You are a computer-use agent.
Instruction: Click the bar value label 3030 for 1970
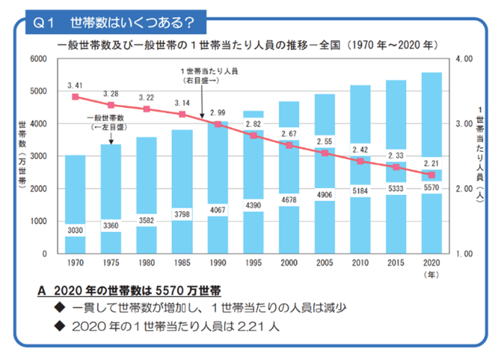[x=75, y=230]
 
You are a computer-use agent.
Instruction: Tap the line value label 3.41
[x=75, y=86]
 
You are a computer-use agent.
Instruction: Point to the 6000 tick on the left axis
[x=37, y=58]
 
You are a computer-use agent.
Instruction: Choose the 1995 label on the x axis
[x=253, y=264]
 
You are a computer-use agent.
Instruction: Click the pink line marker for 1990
[x=217, y=124]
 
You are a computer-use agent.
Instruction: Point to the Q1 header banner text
[x=115, y=22]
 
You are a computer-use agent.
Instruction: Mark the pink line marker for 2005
[x=324, y=153]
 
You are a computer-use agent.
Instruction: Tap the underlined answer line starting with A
[x=130, y=291]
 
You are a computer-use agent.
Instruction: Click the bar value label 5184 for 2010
[x=360, y=191]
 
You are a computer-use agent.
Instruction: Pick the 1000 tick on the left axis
[x=37, y=221]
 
